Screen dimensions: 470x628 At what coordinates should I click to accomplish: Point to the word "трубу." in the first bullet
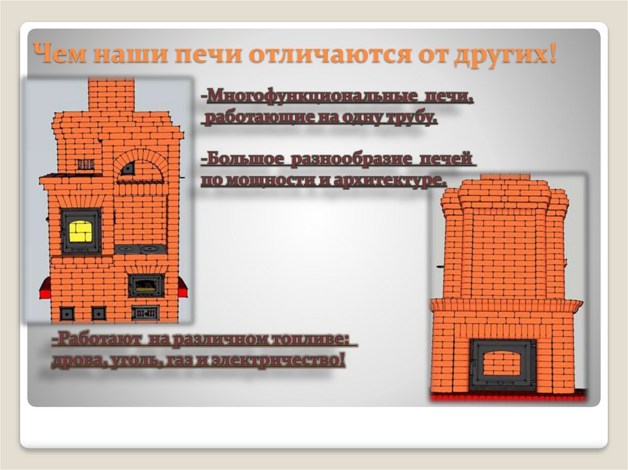click(x=412, y=118)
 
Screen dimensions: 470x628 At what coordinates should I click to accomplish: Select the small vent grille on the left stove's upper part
click(x=85, y=164)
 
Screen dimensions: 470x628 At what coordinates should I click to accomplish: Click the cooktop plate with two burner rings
click(x=140, y=249)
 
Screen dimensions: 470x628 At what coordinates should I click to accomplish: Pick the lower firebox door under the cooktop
click(x=146, y=286)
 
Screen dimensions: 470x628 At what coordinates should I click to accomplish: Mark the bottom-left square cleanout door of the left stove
click(x=67, y=313)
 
